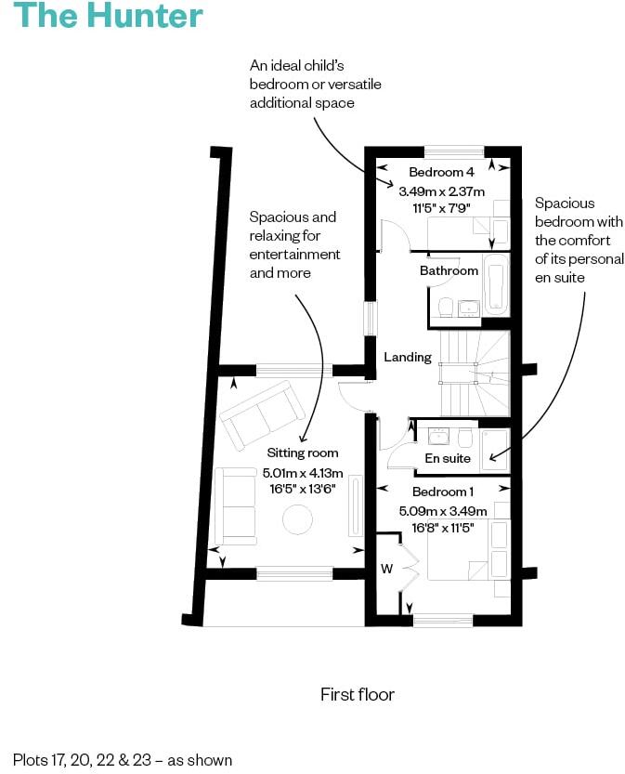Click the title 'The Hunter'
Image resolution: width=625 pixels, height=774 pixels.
109,17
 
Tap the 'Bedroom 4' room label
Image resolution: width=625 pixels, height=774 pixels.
442,173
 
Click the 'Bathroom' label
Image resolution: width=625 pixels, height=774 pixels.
449,271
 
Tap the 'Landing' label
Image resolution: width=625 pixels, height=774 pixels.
408,357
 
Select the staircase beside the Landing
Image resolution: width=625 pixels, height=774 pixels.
475,373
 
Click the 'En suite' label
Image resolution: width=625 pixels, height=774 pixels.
448,458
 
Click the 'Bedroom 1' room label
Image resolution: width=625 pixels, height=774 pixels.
443,492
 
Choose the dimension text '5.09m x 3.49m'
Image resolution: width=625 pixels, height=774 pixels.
442,510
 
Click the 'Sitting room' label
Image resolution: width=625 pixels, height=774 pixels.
303,453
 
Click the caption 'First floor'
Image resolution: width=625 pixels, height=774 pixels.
358,694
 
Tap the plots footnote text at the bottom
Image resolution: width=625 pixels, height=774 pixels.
123,759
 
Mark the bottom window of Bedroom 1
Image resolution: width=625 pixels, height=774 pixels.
442,620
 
